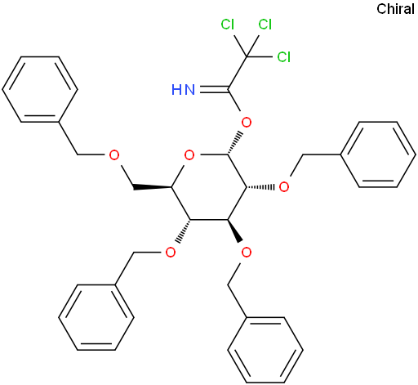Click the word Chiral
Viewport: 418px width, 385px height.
[x=395, y=9]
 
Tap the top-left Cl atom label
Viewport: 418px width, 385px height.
[x=228, y=25]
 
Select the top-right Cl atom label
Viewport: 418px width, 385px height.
[x=265, y=25]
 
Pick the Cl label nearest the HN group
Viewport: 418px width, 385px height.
[x=284, y=57]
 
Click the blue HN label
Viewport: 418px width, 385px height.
[x=184, y=90]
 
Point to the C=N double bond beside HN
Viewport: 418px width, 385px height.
[x=214, y=89]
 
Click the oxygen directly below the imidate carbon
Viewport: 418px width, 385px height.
[x=247, y=123]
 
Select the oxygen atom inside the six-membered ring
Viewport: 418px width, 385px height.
[x=189, y=155]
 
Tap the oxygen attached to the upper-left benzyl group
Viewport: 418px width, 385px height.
[x=114, y=155]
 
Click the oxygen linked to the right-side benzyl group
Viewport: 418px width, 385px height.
[x=284, y=187]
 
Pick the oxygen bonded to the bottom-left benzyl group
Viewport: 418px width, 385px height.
[x=171, y=253]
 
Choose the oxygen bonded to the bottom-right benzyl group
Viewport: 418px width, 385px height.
[x=247, y=253]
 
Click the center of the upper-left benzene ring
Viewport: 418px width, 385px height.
[x=40, y=89]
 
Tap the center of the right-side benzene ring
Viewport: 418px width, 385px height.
[x=378, y=154]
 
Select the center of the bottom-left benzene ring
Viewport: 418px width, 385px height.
[x=96, y=317]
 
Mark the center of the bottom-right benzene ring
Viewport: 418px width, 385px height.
[x=265, y=350]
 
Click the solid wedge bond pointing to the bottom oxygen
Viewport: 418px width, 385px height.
[x=234, y=231]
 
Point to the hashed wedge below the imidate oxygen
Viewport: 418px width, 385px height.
[x=234, y=143]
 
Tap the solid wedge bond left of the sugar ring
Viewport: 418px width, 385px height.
[x=153, y=187]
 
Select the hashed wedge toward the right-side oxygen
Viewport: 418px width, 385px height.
[x=260, y=187]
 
